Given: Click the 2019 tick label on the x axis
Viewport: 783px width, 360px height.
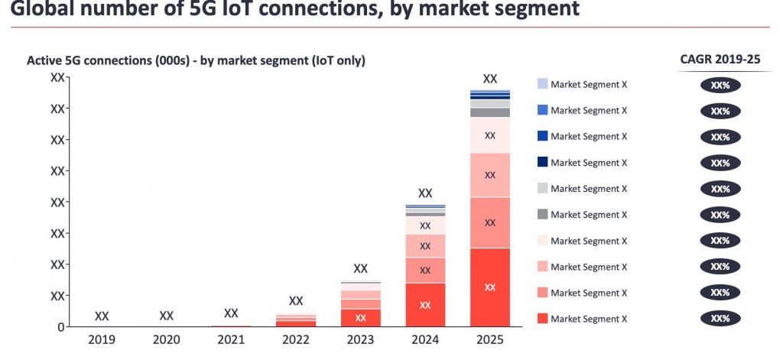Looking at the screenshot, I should point(101,339).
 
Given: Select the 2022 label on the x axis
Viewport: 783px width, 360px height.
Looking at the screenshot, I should point(295,339).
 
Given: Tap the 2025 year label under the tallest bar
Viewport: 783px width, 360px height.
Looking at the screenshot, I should point(490,339).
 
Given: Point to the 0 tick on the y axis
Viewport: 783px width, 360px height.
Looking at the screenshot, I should point(61,327).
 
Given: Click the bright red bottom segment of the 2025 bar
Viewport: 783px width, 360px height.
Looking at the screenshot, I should point(490,287).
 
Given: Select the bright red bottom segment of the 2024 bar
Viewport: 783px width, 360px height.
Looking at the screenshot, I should point(425,304).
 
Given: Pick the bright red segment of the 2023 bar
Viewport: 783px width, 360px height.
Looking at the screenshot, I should point(360,317).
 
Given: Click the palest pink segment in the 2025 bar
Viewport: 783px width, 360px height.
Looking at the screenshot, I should point(490,135).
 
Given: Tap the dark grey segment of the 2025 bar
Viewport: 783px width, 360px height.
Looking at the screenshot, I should point(490,112).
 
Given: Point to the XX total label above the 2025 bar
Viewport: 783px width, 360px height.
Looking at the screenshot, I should point(490,78).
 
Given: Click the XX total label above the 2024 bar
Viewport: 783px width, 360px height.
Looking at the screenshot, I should point(425,193).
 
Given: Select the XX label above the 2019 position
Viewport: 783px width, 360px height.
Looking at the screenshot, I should point(101,316).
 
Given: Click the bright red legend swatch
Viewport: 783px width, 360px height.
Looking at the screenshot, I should point(542,318).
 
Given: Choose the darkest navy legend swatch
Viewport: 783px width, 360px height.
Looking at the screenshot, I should point(542,162).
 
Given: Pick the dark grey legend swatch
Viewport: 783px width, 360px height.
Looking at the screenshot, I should point(542,214).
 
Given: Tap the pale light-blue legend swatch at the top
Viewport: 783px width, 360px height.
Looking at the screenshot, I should point(542,84).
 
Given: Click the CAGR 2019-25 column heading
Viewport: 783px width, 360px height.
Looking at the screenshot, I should point(720,59).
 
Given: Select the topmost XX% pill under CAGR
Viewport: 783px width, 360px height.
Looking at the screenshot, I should point(720,85).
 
